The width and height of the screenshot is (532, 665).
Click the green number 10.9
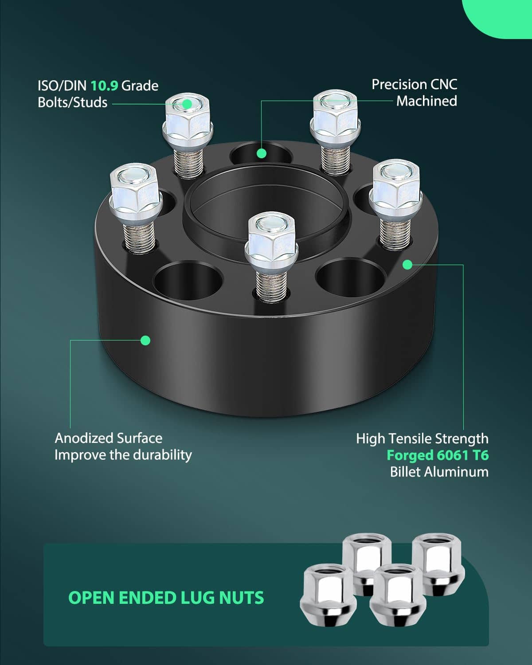click(x=105, y=86)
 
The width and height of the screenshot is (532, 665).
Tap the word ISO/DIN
click(x=62, y=86)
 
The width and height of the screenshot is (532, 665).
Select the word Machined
click(x=426, y=101)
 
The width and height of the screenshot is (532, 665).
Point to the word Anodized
click(x=84, y=438)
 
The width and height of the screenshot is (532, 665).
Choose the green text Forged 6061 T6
click(x=438, y=455)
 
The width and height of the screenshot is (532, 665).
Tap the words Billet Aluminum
click(x=439, y=472)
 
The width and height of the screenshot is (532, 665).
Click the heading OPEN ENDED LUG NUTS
click(x=166, y=598)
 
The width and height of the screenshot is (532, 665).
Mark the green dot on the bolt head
click(x=187, y=104)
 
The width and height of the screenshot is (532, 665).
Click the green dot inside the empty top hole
click(x=262, y=153)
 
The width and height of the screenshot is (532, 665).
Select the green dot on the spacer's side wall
click(x=145, y=340)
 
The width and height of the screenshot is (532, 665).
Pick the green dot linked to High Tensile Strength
click(x=408, y=265)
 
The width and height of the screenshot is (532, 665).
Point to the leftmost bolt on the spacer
click(x=136, y=207)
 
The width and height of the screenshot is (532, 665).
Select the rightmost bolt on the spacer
click(x=396, y=204)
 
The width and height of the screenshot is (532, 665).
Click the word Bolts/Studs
click(x=73, y=102)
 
